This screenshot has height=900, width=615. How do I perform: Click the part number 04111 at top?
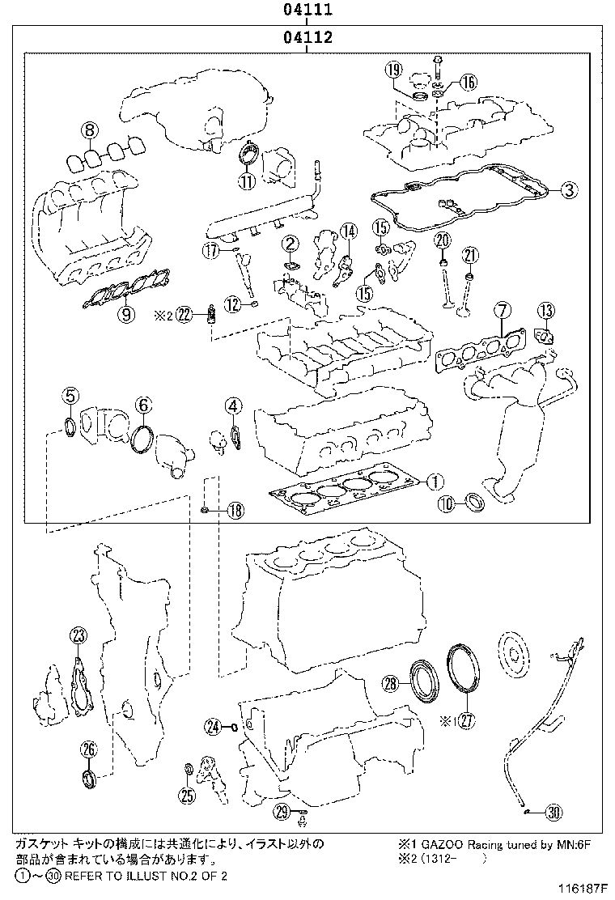point(307,11)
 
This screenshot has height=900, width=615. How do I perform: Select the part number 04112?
point(307,37)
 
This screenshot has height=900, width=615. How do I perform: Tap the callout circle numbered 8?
point(89,129)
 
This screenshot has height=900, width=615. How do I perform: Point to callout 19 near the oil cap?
point(394,70)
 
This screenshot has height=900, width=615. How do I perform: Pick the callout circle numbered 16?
point(469,81)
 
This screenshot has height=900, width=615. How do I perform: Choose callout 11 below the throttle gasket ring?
point(246,181)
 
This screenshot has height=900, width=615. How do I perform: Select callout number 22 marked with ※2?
point(184,315)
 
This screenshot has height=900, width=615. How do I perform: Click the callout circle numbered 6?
point(142,404)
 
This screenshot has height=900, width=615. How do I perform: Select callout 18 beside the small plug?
point(234,510)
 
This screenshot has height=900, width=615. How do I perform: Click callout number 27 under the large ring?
point(465,721)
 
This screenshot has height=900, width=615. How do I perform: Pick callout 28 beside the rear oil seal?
point(391,685)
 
